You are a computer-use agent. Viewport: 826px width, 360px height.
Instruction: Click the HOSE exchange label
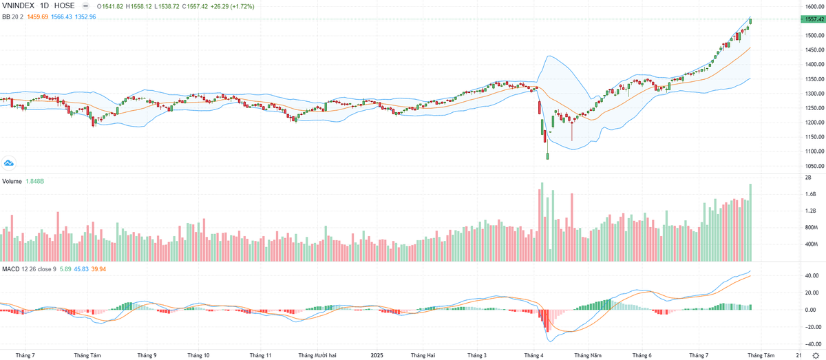[x=64, y=6]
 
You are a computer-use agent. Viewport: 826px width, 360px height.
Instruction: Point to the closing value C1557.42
[x=198, y=6]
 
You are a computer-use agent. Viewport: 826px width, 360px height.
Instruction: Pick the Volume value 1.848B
[x=35, y=182]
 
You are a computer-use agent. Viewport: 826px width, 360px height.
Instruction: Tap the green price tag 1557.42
[x=813, y=20]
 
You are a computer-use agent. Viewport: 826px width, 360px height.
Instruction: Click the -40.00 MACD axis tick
[x=814, y=343]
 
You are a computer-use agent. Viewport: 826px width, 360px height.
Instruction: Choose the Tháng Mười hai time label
[x=317, y=355]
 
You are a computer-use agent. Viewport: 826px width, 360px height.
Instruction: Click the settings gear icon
[x=816, y=355]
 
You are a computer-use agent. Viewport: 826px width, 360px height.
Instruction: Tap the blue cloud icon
[x=10, y=163]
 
